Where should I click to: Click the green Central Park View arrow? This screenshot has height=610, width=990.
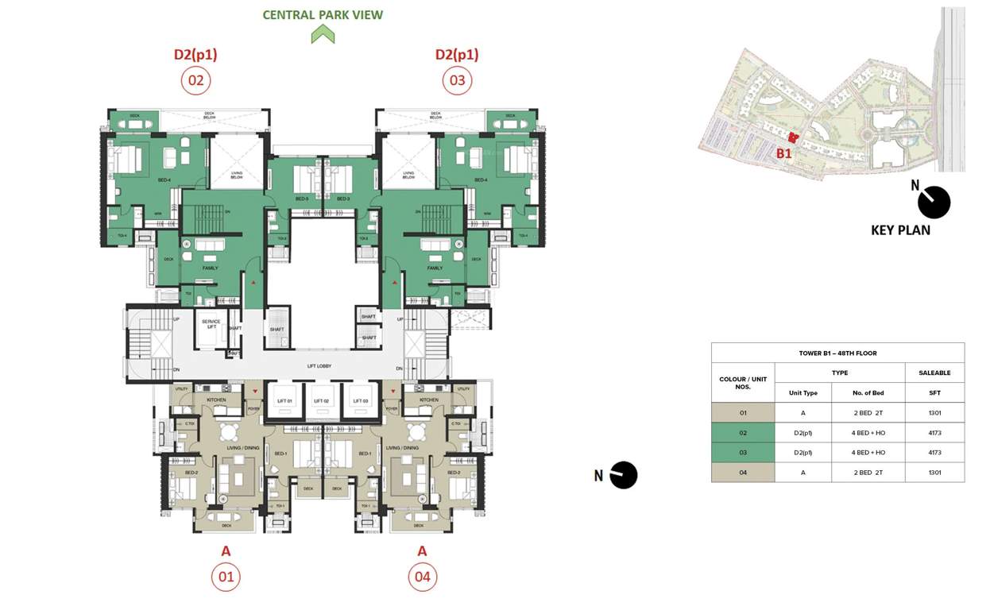(x=323, y=34)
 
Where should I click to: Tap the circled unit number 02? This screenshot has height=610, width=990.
(x=195, y=80)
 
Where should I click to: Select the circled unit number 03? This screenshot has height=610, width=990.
(x=457, y=80)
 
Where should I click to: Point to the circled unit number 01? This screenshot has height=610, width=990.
(x=226, y=577)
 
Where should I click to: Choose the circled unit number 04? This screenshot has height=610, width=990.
(x=422, y=577)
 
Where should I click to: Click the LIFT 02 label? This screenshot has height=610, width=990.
(x=321, y=402)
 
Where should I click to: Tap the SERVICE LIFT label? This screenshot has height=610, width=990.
(x=211, y=324)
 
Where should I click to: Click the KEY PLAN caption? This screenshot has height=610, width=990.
(x=900, y=230)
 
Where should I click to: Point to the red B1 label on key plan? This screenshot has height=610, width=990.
(x=783, y=153)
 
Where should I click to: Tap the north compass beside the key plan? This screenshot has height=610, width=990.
(x=934, y=202)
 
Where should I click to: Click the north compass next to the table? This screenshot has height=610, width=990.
(x=623, y=475)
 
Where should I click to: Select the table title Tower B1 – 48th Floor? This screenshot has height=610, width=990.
(x=837, y=353)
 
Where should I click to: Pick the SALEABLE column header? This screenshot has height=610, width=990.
(x=934, y=373)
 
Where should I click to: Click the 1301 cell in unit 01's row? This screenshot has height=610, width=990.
(x=934, y=412)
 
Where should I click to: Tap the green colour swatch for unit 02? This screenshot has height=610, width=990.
(x=742, y=432)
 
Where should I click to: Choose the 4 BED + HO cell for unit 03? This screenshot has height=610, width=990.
(x=868, y=453)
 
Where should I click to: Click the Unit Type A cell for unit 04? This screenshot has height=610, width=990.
(x=802, y=473)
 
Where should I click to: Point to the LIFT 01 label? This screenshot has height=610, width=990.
(x=285, y=402)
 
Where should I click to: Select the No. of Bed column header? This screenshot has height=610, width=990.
(x=868, y=392)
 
